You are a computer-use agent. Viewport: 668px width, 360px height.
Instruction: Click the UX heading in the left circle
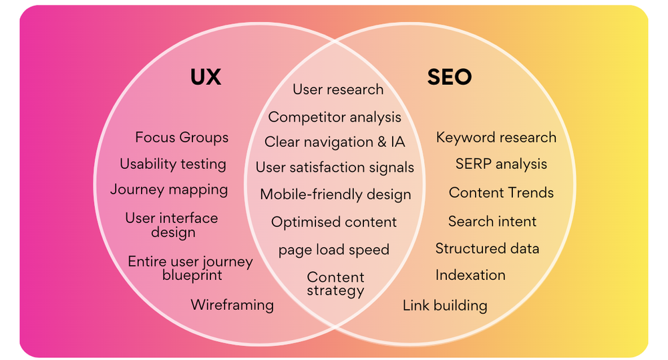click(205, 77)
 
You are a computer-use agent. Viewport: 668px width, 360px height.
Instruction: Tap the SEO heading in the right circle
click(449, 77)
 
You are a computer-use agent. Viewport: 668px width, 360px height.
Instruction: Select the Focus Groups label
click(182, 138)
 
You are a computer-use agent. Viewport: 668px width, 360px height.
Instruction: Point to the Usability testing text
click(173, 164)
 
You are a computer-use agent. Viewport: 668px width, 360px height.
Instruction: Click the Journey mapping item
click(169, 190)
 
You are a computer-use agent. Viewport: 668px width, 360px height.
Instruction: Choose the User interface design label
click(172, 225)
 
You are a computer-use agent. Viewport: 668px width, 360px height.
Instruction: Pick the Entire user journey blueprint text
click(190, 268)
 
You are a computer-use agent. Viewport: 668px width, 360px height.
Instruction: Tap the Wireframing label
click(232, 305)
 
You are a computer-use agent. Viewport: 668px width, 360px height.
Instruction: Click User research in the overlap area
click(338, 89)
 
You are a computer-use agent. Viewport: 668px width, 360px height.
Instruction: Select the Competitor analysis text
click(335, 118)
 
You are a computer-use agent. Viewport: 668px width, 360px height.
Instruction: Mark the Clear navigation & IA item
click(335, 142)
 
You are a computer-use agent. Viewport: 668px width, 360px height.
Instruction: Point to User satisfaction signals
click(335, 168)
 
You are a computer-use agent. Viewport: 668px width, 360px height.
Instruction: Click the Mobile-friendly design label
click(335, 195)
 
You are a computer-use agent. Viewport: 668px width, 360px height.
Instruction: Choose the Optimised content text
click(334, 222)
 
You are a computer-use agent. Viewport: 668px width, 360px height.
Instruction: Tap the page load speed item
click(334, 250)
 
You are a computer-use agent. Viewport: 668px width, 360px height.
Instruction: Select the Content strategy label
click(335, 284)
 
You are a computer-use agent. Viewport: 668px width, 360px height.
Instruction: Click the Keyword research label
click(496, 138)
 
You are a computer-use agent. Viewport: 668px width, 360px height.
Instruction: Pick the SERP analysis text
click(501, 164)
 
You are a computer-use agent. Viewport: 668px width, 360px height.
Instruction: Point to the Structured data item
click(487, 249)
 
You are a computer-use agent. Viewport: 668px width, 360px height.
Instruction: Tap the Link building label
click(445, 306)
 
